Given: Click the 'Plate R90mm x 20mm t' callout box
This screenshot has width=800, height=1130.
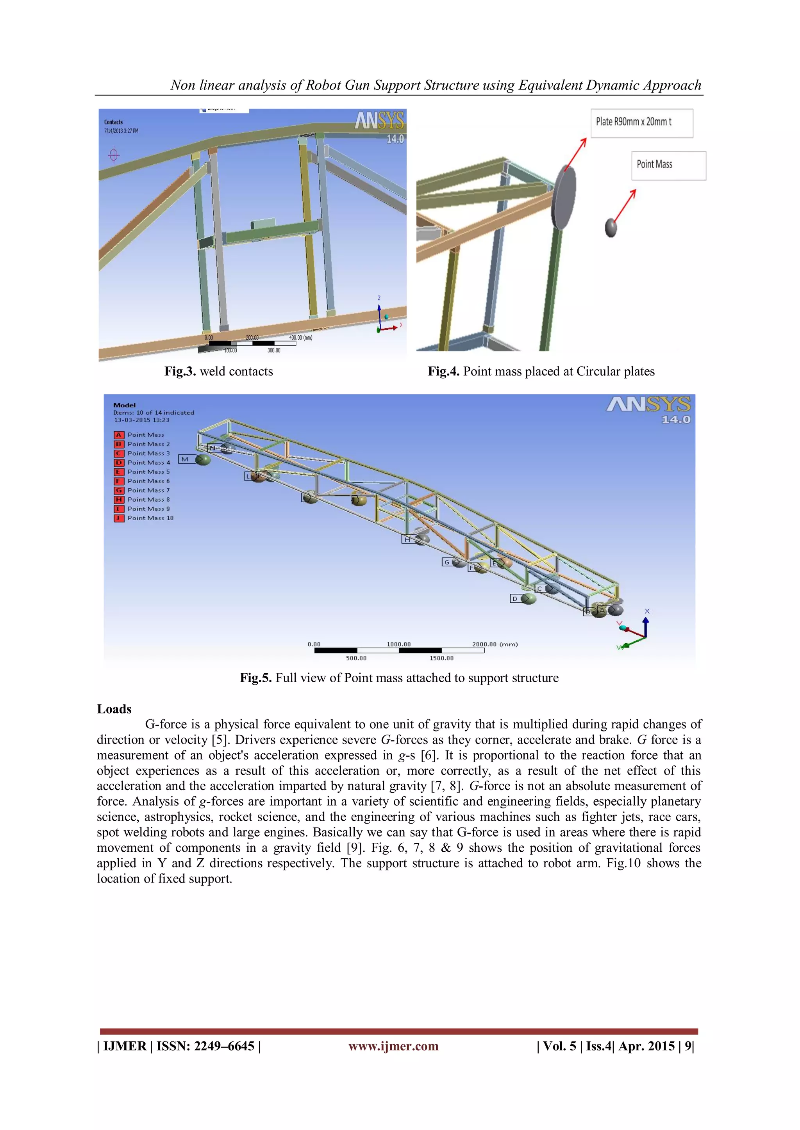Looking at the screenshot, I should point(641,123).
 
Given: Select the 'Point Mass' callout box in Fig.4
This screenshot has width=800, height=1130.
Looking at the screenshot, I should point(668,165).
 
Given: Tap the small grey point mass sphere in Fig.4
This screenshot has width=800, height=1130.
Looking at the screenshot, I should point(611,228).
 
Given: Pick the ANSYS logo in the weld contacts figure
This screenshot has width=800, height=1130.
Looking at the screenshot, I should point(379,121).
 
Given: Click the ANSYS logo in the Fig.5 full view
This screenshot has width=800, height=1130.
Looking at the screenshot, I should point(648,405).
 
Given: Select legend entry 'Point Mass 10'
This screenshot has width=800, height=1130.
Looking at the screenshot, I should point(150,518).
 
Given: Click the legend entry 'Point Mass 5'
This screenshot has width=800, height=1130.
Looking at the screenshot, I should point(148,472).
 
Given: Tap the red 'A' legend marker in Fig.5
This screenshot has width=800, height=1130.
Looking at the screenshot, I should point(119,435).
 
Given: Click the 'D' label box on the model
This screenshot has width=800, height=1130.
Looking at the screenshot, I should point(515,599).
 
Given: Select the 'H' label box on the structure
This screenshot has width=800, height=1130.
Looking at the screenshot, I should point(407,540).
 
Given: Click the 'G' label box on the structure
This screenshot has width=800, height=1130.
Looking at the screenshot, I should point(447,562).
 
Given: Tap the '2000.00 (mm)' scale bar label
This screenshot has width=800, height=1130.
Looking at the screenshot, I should point(495,644).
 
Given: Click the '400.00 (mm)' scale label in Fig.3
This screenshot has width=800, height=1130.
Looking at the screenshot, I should point(300,338).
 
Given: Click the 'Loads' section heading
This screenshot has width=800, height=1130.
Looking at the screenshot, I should point(114,709).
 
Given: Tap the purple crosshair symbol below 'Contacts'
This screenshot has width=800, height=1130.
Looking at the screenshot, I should point(114,155).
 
